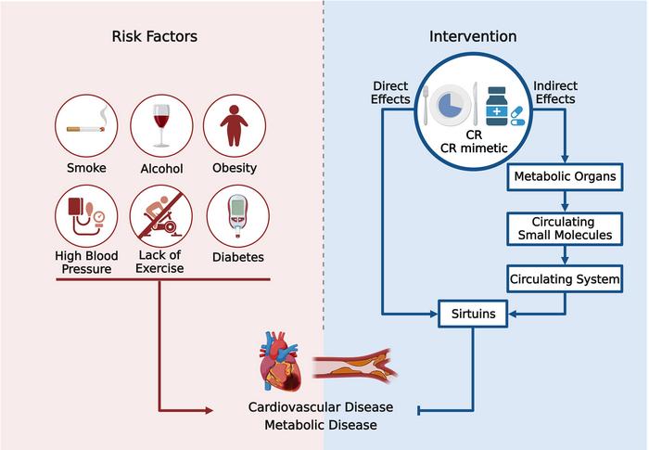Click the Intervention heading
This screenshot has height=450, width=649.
point(473,36)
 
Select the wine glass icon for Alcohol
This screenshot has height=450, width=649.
point(161,126)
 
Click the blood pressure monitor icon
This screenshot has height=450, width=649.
point(85,216)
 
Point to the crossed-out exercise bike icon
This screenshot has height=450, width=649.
point(161,216)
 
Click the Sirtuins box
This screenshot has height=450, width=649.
point(473,315)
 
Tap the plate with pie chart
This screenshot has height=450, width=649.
point(450,104)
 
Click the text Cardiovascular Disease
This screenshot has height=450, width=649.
point(321,407)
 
